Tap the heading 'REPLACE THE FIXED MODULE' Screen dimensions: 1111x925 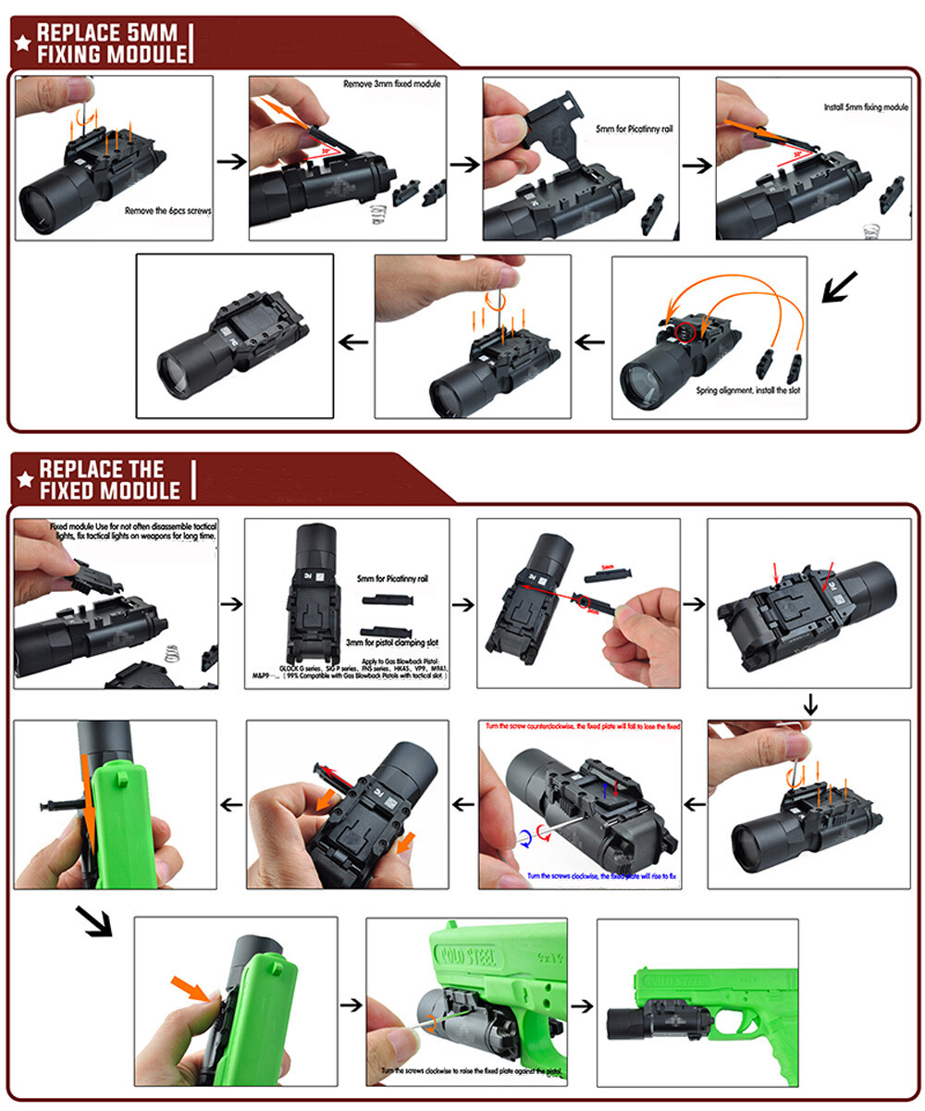click(109, 478)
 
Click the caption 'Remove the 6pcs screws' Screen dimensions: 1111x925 click(168, 210)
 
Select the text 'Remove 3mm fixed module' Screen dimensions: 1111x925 click(392, 84)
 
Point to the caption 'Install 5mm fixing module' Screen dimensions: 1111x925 click(866, 107)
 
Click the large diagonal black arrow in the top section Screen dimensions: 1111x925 click(840, 288)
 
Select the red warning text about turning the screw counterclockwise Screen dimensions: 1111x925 click(580, 727)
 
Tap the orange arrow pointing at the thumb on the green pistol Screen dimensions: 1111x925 click(191, 988)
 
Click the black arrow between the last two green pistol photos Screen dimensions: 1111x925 click(583, 1006)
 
